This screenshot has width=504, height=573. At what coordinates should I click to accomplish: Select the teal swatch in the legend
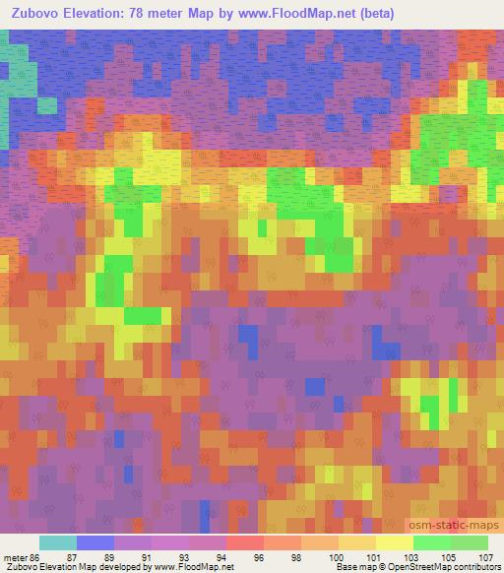[x=58, y=542]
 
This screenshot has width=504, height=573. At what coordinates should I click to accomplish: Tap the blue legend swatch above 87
[x=95, y=542]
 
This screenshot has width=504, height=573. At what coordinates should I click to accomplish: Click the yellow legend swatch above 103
[x=395, y=542]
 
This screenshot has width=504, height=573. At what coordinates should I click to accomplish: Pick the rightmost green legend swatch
[x=470, y=542]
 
